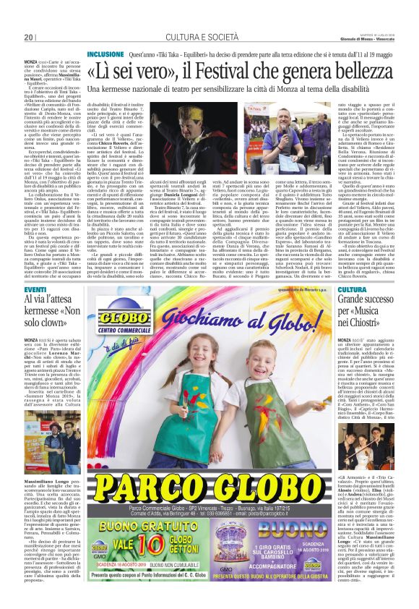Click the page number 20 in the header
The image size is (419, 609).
click(29, 37)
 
